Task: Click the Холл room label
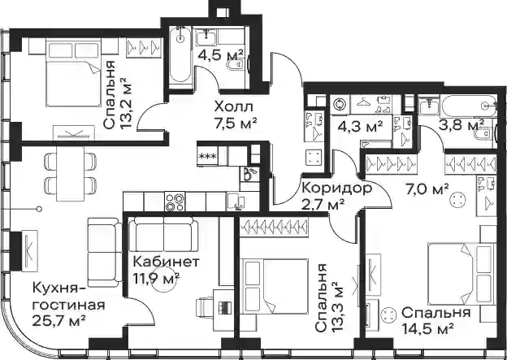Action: pos(234,106)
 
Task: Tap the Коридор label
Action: pos(336,189)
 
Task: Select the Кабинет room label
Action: pos(166,262)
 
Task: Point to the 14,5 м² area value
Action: pos(427,329)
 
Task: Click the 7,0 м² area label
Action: pos(427,189)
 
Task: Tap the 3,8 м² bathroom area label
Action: pos(461,125)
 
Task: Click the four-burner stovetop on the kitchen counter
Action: pos(175,202)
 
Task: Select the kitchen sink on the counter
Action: pos(236,202)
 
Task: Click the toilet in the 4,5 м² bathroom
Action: pos(237,65)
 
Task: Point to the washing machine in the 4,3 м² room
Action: pos(340,105)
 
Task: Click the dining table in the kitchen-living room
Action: pos(70,174)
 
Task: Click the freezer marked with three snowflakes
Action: pos(207,156)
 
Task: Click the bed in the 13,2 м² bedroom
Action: pos(74,73)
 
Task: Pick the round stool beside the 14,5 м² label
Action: pos(388,314)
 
